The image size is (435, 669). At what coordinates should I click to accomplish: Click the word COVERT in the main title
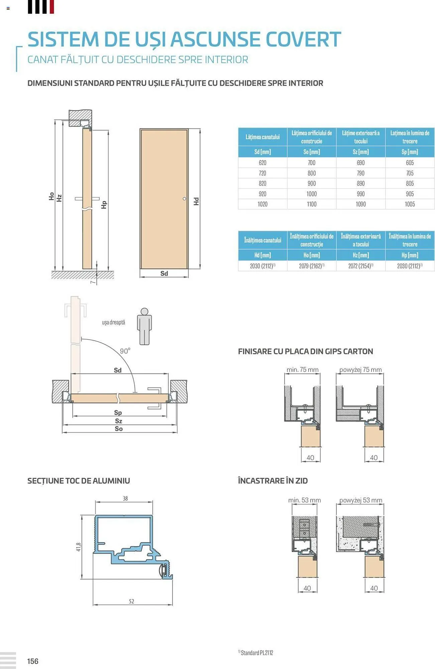[303, 39]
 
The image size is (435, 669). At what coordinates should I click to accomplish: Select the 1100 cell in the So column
[312, 204]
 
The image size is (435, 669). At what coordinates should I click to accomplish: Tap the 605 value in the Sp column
[410, 163]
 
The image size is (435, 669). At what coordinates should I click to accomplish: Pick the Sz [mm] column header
[361, 152]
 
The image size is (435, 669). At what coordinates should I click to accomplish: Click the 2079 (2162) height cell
[312, 266]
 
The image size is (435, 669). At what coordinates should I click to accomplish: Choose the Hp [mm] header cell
[410, 255]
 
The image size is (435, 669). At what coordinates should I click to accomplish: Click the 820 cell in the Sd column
[262, 183]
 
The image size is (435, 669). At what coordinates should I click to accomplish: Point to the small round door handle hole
[184, 199]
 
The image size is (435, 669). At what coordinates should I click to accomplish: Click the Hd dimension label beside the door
[196, 201]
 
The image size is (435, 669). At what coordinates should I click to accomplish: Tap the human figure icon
[144, 326]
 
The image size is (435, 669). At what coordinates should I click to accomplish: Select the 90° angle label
[125, 351]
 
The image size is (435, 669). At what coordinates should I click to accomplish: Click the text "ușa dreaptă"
[113, 322]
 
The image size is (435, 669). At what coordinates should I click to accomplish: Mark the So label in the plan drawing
[119, 429]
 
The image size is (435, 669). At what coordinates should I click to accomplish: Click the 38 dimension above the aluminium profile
[125, 498]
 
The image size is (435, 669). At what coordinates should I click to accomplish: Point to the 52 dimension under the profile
[131, 601]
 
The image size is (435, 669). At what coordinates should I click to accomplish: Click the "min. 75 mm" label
[303, 370]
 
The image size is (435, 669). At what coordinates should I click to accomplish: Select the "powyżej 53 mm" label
[361, 500]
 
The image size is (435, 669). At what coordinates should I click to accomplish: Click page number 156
[33, 661]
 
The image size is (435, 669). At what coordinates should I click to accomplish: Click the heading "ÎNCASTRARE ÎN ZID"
[273, 481]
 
